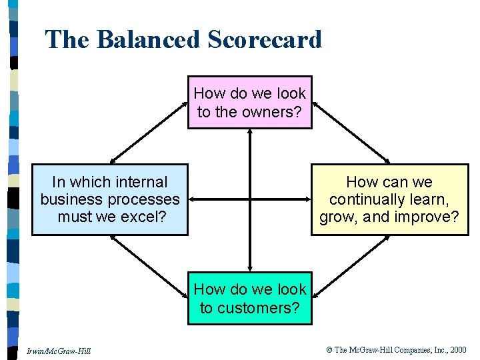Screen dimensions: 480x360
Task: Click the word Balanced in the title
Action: pyautogui.click(x=148, y=40)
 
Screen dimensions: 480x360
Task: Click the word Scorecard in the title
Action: pyautogui.click(x=265, y=40)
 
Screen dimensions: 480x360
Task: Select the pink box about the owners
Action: pyautogui.click(x=249, y=102)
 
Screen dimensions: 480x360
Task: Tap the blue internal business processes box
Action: pyautogui.click(x=110, y=199)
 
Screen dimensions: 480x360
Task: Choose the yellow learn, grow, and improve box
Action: pyautogui.click(x=389, y=199)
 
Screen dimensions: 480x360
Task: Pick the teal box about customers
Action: pyautogui.click(x=249, y=298)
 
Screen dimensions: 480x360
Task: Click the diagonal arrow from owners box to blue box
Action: pyautogui.click(x=149, y=132)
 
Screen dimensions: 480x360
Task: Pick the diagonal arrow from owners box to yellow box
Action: pyautogui.click(x=351, y=132)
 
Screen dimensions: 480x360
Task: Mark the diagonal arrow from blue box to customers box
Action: pyautogui.click(x=149, y=265)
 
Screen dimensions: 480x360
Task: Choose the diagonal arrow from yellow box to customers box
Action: pyautogui.click(x=351, y=265)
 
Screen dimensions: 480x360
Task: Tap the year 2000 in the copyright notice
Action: pyautogui.click(x=458, y=349)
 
